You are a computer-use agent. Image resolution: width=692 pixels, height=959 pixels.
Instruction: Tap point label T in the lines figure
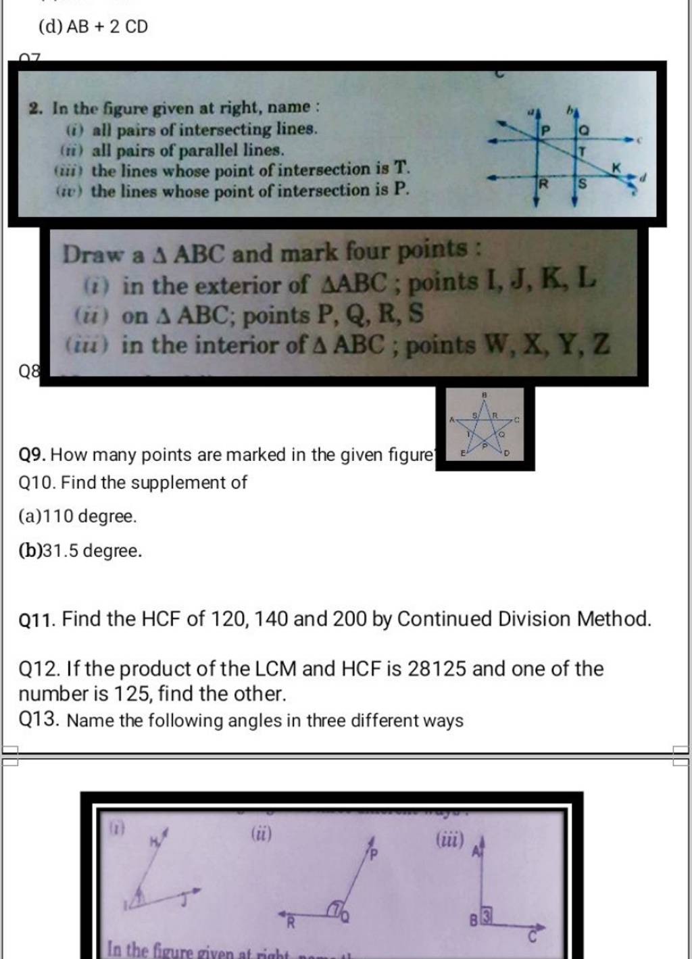(580, 154)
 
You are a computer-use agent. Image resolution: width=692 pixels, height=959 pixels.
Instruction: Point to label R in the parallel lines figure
(542, 183)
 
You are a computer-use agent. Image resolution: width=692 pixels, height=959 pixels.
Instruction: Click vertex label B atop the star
(484, 393)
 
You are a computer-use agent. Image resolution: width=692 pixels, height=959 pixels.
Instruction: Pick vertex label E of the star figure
(463, 453)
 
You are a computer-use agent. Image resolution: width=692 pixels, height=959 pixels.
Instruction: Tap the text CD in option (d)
(136, 28)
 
